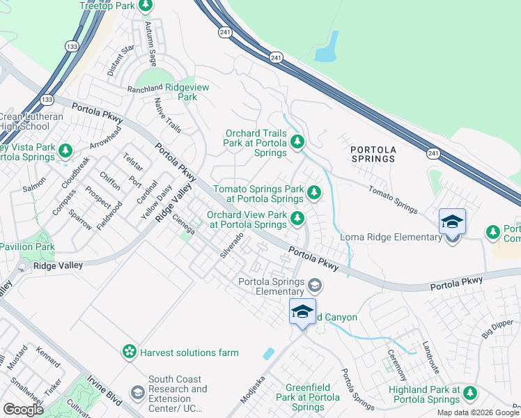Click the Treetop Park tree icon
pyautogui.click(x=146, y=6)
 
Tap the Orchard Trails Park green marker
pyautogui.click(x=297, y=143)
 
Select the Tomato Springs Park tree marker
pyautogui.click(x=314, y=192)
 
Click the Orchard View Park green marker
pyautogui.click(x=297, y=219)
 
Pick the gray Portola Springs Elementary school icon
pyautogui.click(x=315, y=286)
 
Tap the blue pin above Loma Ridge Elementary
pyautogui.click(x=452, y=223)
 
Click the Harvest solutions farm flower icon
pyautogui.click(x=129, y=352)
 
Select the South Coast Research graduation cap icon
pyautogui.click(x=137, y=394)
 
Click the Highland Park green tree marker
pyautogui.click(x=470, y=394)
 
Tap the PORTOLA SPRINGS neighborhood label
pyautogui.click(x=373, y=154)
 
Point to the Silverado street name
pyautogui.click(x=232, y=246)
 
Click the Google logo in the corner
pyautogui.click(x=23, y=409)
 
